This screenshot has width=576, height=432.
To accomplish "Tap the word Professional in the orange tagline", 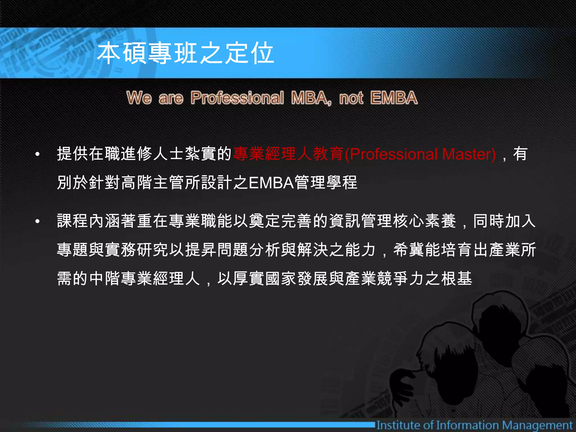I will point(237,98).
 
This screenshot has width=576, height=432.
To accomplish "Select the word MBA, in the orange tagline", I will point(311,98).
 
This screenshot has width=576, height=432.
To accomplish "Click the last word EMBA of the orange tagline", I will point(394,98).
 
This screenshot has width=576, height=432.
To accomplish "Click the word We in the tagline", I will point(139,98).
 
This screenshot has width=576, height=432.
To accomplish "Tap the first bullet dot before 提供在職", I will point(37,154).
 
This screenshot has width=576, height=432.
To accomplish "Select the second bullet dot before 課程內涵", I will point(37,222).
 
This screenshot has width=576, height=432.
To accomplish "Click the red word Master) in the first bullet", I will point(469,154).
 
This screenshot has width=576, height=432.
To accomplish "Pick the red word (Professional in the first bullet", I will point(391,154).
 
